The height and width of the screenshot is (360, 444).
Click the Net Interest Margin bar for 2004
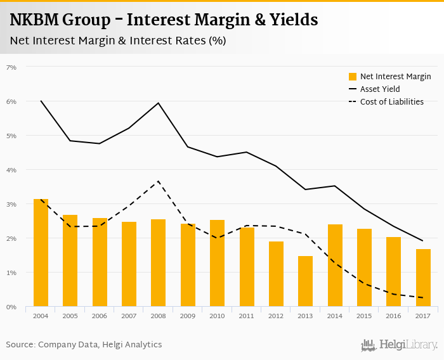pos(41,253)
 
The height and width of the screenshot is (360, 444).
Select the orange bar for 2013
pos(305,281)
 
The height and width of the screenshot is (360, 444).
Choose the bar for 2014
pos(335,266)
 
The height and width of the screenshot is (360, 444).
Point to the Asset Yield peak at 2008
pos(158,103)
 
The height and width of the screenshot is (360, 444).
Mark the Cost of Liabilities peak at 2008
pos(158,181)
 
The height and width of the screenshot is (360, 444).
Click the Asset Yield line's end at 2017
pos(423,241)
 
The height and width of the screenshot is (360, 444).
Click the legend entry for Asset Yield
pos(379,89)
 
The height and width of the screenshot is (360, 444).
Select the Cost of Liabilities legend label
pos(391,101)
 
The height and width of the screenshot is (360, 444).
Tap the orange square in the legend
pos(353,77)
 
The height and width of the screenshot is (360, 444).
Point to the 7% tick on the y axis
pos(11,67)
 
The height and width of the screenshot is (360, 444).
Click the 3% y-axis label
pos(11,204)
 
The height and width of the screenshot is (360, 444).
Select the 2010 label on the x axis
pos(217,316)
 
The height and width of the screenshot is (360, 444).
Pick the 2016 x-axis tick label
pos(394,316)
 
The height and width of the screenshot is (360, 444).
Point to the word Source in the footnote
pos(21,345)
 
